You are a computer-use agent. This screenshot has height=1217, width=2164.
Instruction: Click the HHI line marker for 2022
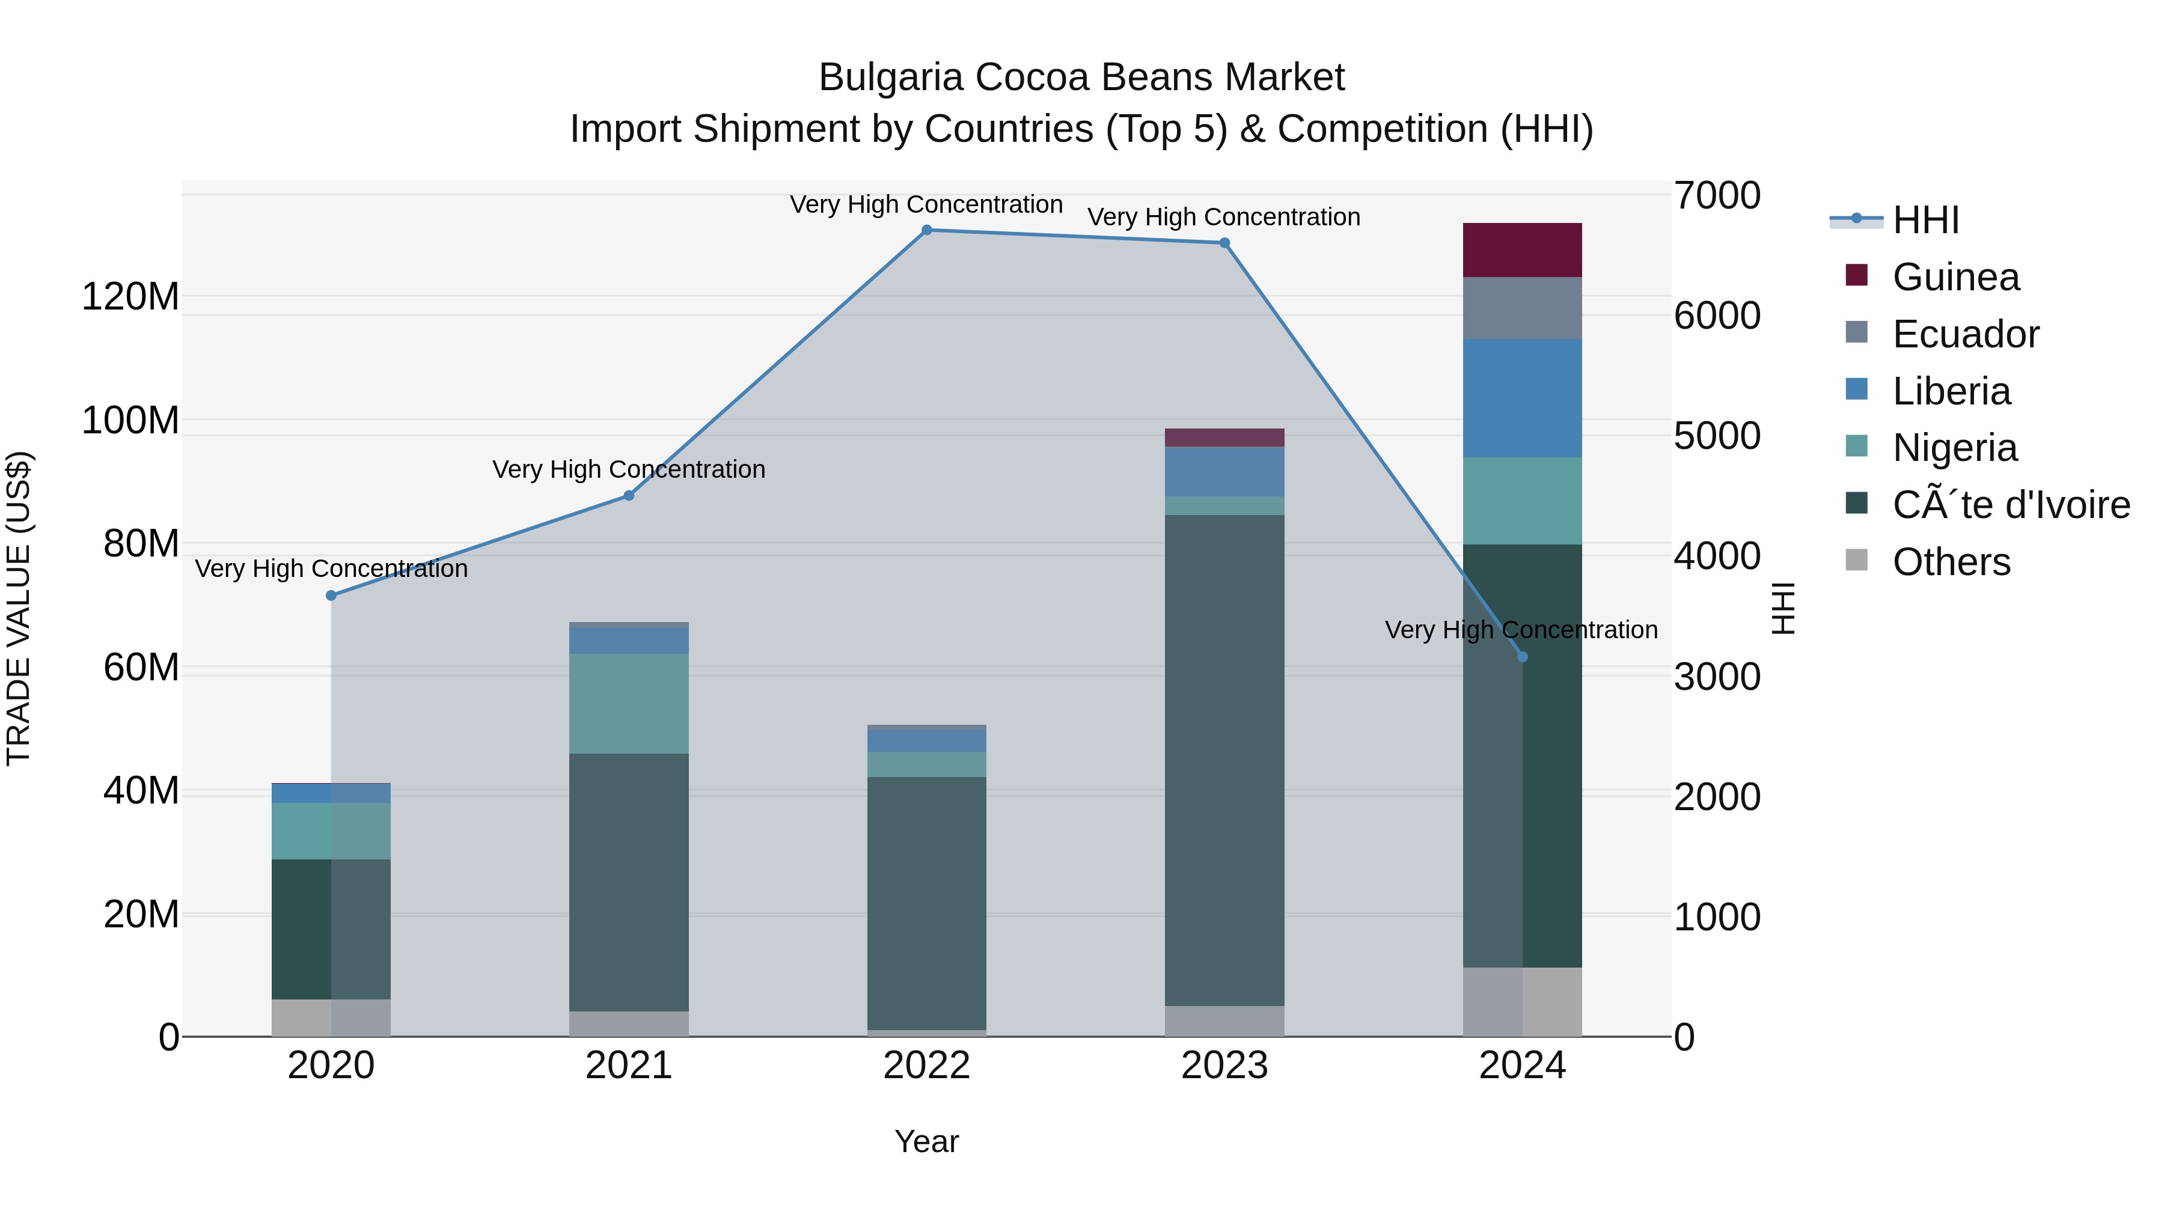pos(926,230)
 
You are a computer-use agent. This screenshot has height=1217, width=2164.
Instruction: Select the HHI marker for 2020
pos(331,596)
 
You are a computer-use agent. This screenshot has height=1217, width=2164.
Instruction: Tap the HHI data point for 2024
pos(1522,657)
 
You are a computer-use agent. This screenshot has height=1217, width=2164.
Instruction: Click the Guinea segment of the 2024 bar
pos(1522,250)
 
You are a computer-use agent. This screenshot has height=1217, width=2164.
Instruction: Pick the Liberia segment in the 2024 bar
pos(1522,398)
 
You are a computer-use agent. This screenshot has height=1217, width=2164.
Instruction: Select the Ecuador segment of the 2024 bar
pos(1522,308)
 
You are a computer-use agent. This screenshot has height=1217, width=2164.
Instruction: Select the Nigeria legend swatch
pos(1857,446)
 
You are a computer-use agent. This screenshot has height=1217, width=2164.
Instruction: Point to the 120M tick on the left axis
pos(130,296)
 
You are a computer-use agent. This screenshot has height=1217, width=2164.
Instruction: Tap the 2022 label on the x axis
pos(926,1066)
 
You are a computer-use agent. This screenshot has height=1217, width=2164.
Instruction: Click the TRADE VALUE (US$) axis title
pos(19,608)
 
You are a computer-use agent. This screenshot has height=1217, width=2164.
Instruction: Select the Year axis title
pos(926,1141)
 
